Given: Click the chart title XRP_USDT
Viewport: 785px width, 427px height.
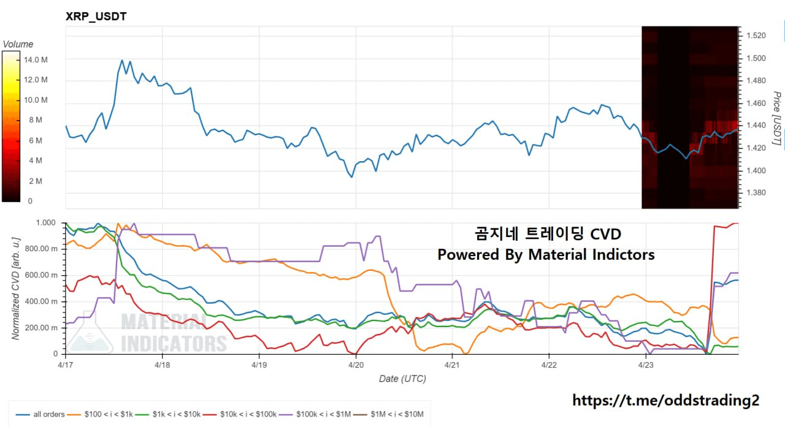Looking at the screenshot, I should tap(96, 17).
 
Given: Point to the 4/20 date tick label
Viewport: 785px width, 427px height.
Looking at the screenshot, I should tap(356, 365).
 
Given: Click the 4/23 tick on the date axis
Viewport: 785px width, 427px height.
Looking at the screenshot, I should tap(645, 365).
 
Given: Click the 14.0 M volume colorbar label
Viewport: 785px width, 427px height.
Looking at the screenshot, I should tap(36, 59).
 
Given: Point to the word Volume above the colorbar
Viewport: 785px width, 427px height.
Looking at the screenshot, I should tap(18, 44).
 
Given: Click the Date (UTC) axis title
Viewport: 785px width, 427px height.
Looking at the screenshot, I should tap(402, 379).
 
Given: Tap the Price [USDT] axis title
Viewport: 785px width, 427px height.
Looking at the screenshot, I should tap(776, 119).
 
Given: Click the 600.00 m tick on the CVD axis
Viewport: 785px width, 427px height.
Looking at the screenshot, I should tap(42, 275).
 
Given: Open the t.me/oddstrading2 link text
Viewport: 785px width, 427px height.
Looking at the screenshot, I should tap(665, 400).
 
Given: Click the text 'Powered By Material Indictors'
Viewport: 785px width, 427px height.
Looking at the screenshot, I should tap(546, 254).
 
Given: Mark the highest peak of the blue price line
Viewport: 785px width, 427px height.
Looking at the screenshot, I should tap(122, 60).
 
